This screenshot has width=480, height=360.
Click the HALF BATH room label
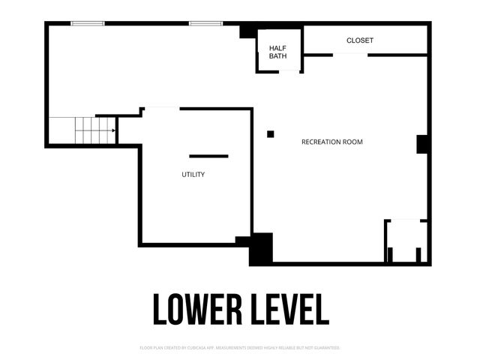pyautogui.click(x=278, y=52)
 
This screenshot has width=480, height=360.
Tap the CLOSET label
pyautogui.click(x=360, y=40)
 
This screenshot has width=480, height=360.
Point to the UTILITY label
pyautogui.click(x=193, y=175)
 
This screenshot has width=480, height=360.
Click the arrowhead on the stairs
pyautogui.click(x=113, y=130)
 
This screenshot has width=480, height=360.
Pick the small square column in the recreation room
pyautogui.click(x=271, y=134)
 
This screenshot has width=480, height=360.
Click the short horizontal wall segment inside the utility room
pyautogui.click(x=208, y=156)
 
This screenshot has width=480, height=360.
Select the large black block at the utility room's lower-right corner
pyautogui.click(x=261, y=249)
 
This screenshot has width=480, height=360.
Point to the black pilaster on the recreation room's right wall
pyautogui.click(x=422, y=144)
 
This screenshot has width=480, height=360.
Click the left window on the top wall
pyautogui.click(x=88, y=23)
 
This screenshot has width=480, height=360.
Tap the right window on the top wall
pyautogui.click(x=205, y=23)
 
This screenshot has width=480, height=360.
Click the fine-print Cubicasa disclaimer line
pyautogui.click(x=240, y=348)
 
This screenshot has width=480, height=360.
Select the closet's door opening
pyautogui.click(x=350, y=54)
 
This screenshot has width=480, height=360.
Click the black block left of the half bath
pyautogui.click(x=247, y=31)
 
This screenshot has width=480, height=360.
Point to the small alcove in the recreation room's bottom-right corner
pyautogui.click(x=407, y=241)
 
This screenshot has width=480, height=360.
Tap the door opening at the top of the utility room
pyautogui.click(x=161, y=109)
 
